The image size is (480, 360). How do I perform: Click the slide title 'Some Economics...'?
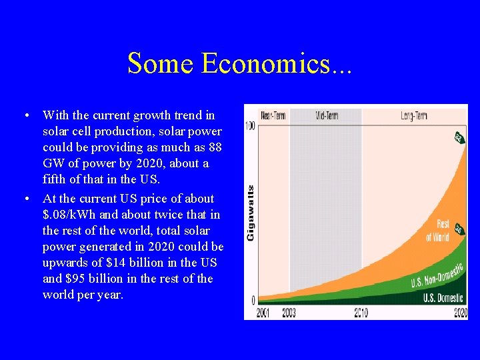pyautogui.click(x=239, y=63)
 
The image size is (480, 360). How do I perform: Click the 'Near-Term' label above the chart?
pyautogui.click(x=273, y=116)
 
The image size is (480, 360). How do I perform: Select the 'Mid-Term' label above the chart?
pyautogui.click(x=326, y=116)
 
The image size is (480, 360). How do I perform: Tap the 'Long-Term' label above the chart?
pyautogui.click(x=414, y=116)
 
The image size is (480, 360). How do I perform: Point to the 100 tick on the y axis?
pyautogui.click(x=251, y=126)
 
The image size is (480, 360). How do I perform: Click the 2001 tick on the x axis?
pyautogui.click(x=263, y=313)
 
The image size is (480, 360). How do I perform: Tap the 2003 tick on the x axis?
pyautogui.click(x=289, y=313)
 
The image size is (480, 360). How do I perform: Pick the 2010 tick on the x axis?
pyautogui.click(x=361, y=313)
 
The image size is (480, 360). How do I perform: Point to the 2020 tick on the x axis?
pyautogui.click(x=461, y=313)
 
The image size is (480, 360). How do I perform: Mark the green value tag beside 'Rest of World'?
pyautogui.click(x=459, y=230)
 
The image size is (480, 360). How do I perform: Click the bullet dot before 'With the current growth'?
pyautogui.click(x=25, y=116)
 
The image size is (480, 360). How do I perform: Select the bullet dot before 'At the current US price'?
pyautogui.click(x=25, y=199)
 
